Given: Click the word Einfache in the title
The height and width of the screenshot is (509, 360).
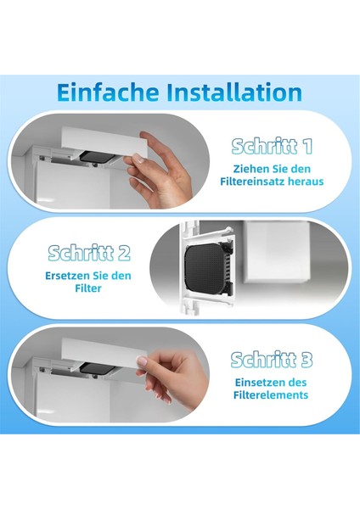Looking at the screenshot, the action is pyautogui.click(x=108, y=92).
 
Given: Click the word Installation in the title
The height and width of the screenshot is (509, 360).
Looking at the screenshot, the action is pyautogui.click(x=234, y=92).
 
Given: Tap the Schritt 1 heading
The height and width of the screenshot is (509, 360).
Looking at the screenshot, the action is pyautogui.click(x=272, y=147).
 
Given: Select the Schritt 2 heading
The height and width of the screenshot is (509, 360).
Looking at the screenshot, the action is pyautogui.click(x=89, y=253).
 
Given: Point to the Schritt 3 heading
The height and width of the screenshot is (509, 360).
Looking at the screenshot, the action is pyautogui.click(x=272, y=360).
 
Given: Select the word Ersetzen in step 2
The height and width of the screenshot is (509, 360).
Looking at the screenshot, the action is pyautogui.click(x=67, y=276).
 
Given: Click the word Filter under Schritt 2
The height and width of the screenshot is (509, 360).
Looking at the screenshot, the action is pyautogui.click(x=88, y=288).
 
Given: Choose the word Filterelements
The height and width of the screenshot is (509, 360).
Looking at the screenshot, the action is pyautogui.click(x=271, y=395).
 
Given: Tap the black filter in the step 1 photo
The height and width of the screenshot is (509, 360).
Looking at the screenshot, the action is pyautogui.click(x=97, y=157).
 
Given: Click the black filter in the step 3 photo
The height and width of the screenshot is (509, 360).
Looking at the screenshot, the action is pyautogui.click(x=97, y=368).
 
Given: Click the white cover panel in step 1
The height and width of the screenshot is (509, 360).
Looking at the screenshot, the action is pyautogui.click(x=104, y=143).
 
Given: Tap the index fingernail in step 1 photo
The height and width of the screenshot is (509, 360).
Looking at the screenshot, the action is pyautogui.click(x=138, y=159).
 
